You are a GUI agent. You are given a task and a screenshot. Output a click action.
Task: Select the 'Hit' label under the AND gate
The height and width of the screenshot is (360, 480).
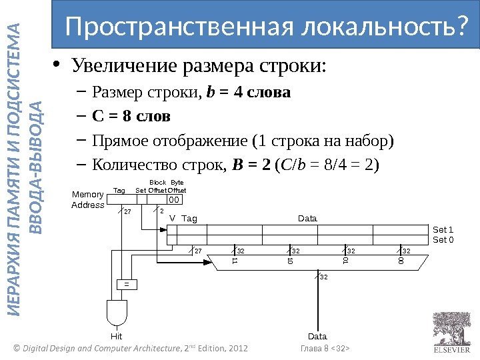pyautogui.click(x=117, y=337)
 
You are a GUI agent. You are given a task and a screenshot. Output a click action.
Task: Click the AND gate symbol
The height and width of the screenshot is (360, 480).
pyautogui.click(x=117, y=312)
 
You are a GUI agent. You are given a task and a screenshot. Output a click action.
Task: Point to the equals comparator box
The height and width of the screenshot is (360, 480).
pyautogui.click(x=125, y=283)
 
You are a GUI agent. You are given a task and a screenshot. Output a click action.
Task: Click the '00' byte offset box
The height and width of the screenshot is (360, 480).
pyautogui.click(x=173, y=199)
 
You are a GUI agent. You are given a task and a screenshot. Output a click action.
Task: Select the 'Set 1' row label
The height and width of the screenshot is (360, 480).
pyautogui.click(x=443, y=230)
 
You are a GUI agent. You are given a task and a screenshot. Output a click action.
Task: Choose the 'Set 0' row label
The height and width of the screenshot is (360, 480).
pyautogui.click(x=443, y=239)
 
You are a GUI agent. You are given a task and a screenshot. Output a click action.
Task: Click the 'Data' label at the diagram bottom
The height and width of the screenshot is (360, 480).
pyautogui.click(x=317, y=337)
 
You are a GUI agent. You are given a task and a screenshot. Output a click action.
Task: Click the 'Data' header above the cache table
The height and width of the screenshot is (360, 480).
pyautogui.click(x=307, y=219)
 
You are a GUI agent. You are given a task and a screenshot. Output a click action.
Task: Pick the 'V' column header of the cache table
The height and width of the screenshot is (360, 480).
pyautogui.click(x=172, y=219)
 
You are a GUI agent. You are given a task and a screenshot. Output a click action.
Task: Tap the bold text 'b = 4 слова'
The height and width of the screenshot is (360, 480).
pyautogui.click(x=249, y=92)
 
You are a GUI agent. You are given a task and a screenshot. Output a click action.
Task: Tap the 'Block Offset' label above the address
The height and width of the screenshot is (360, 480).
pyautogui.click(x=157, y=187)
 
